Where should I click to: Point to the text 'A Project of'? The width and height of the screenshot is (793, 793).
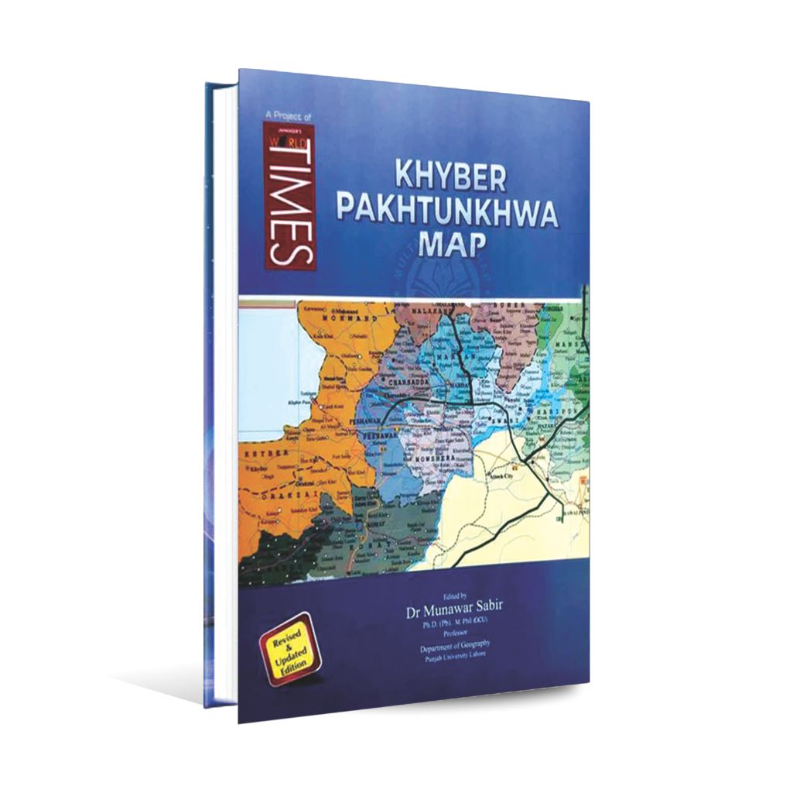(x=287, y=115)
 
